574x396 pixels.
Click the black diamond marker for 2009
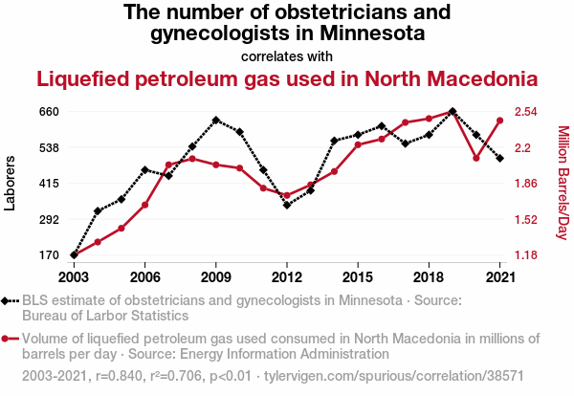[x=216, y=121]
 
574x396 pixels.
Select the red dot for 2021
[x=500, y=121]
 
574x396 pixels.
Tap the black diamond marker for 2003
[x=74, y=255]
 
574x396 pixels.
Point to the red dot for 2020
[x=476, y=158]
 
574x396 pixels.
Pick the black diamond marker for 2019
[x=453, y=112]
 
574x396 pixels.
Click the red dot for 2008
[x=192, y=158]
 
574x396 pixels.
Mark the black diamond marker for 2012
[x=287, y=205]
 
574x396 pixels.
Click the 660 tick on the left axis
[x=49, y=112]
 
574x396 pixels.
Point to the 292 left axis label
[x=49, y=219]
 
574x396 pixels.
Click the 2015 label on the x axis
[x=358, y=276]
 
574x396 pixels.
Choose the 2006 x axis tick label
[x=144, y=276]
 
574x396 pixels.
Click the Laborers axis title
[x=11, y=184]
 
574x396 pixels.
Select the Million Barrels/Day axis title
[x=563, y=184]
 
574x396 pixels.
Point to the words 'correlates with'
[x=287, y=55]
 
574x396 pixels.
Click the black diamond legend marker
[x=8, y=300]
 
